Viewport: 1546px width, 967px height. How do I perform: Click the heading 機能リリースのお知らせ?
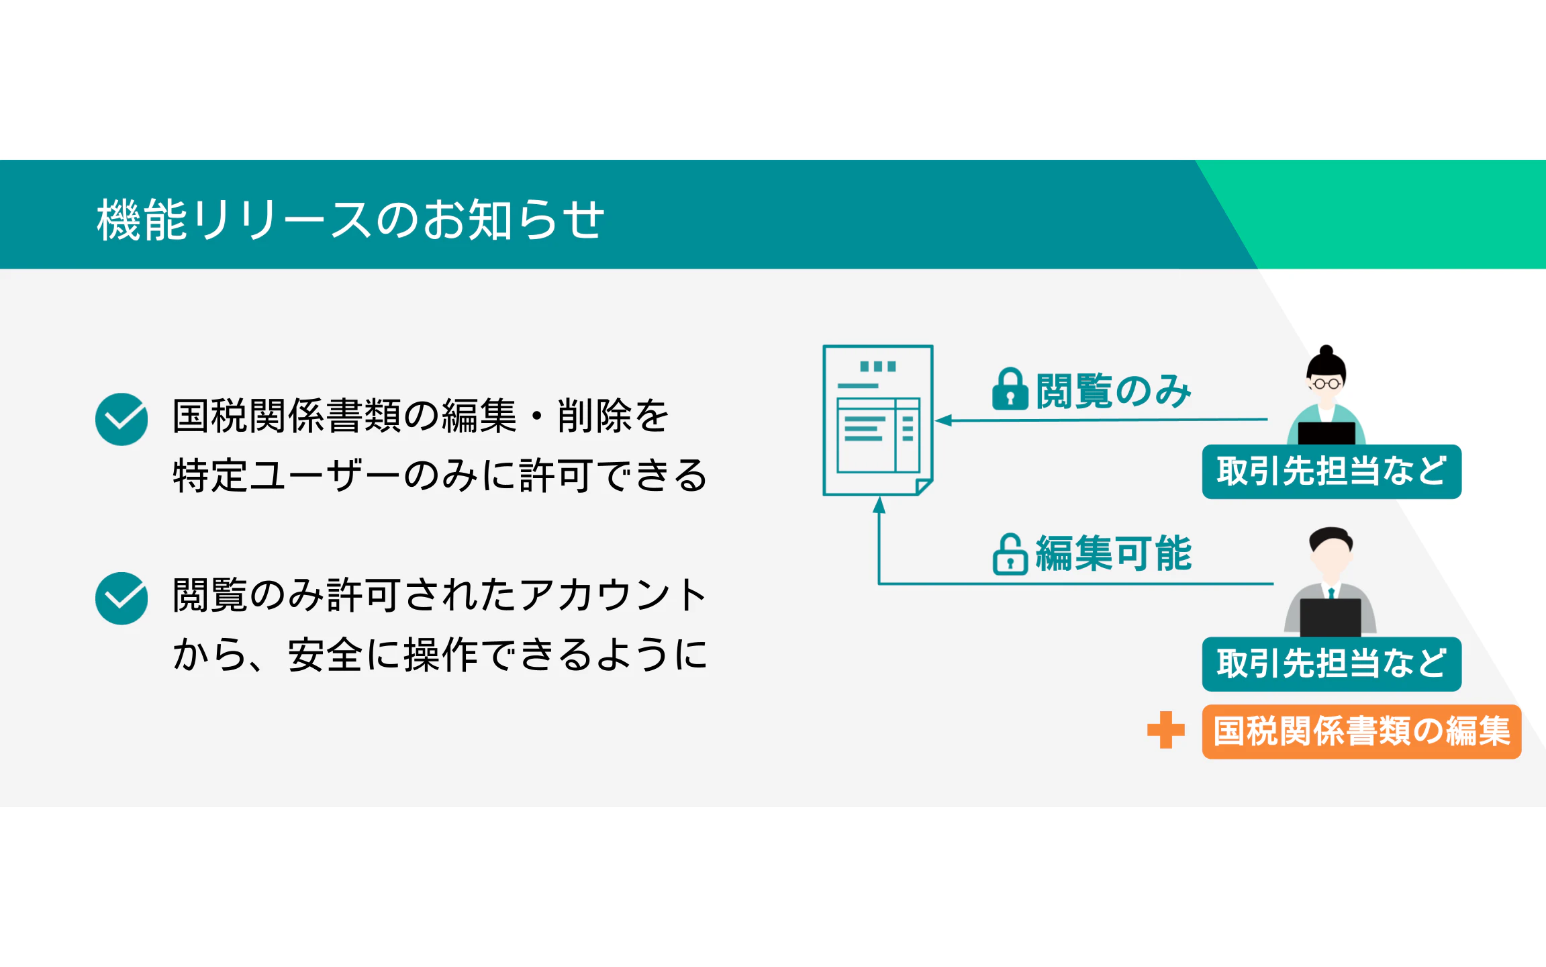click(350, 219)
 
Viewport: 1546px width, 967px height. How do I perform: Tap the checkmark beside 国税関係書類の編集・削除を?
click(122, 419)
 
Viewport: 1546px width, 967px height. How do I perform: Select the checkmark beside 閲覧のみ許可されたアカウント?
click(122, 598)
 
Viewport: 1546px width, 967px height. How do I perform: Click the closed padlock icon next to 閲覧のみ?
click(1010, 389)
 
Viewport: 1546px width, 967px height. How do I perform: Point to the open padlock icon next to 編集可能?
click(1010, 554)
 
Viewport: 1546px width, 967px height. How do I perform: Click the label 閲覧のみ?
click(1114, 391)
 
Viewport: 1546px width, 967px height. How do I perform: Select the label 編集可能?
click(1114, 554)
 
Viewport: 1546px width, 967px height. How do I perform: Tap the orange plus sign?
click(1166, 730)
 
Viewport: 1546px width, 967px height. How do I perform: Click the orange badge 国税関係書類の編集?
click(1361, 731)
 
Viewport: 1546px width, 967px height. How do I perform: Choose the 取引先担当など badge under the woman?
click(1331, 471)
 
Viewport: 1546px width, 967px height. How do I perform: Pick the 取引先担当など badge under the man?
click(1331, 664)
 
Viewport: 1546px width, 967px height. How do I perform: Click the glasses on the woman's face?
click(1326, 384)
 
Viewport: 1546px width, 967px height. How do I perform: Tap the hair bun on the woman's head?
click(1326, 350)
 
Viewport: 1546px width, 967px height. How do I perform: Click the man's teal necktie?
click(1331, 592)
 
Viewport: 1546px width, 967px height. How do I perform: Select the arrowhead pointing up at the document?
click(879, 505)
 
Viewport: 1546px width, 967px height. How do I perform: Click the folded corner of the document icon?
click(924, 487)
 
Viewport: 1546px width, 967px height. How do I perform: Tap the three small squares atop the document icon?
click(878, 367)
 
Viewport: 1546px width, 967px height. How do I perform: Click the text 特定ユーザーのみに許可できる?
click(440, 475)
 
